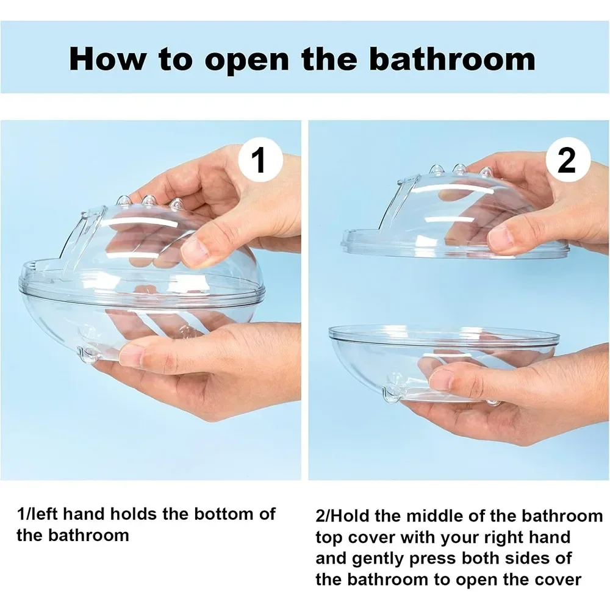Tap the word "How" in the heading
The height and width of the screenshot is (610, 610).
[x=108, y=59]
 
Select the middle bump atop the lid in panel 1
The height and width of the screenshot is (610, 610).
[x=148, y=201]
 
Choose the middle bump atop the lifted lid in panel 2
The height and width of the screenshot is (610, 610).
[x=459, y=169]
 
